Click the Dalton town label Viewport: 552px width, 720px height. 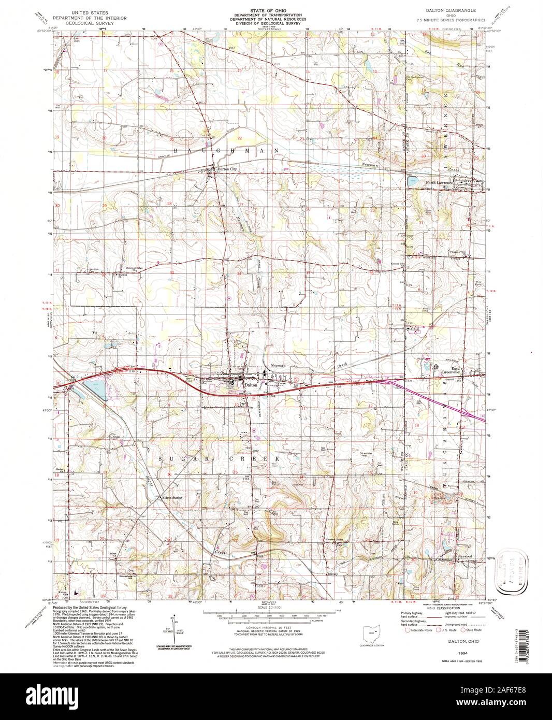pos(251,385)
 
